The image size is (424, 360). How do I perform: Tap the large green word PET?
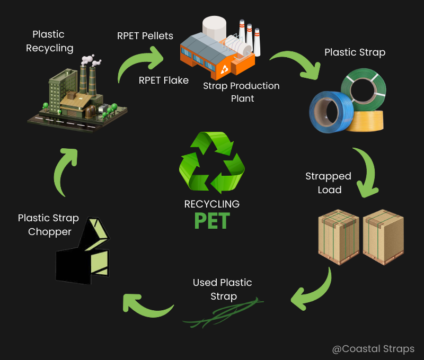point(212,220)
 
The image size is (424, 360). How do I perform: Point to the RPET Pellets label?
point(145,36)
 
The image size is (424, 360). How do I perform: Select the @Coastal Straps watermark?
point(373,349)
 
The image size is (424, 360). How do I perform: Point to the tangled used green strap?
point(223,313)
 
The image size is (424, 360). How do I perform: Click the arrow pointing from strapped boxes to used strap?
point(313,294)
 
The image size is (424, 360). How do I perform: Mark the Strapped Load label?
point(328,183)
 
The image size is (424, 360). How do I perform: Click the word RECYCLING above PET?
point(212,204)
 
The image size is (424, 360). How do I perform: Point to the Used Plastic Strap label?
point(223,289)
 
